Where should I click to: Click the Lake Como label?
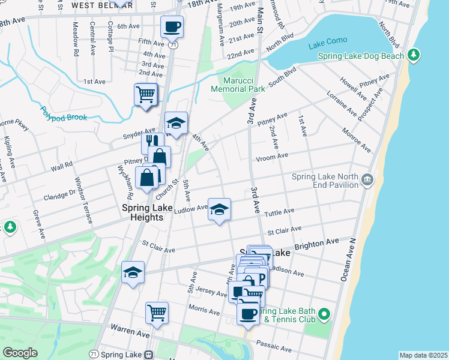point(324,46)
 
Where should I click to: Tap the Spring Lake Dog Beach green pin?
point(413,56)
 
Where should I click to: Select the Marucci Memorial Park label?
point(238,84)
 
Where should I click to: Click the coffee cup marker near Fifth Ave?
point(172,26)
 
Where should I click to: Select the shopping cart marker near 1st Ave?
point(146,94)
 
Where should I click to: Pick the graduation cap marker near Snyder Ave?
point(176,123)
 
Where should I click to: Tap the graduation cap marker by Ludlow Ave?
point(219,209)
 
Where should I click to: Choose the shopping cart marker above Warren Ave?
point(157,312)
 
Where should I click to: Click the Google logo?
point(20,352)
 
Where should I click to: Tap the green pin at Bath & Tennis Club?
point(324,314)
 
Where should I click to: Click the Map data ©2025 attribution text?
point(423,355)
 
